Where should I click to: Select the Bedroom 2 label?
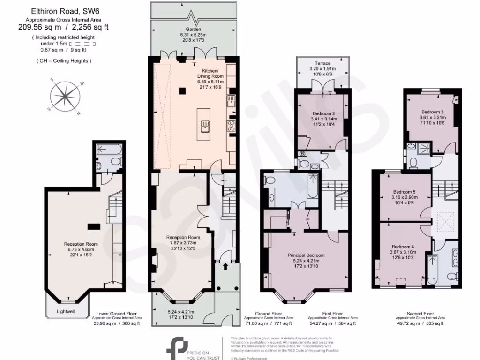pyautogui.click(x=323, y=113)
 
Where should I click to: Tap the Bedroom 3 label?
pyautogui.click(x=432, y=112)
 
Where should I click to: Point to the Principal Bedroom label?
pyautogui.click(x=306, y=255)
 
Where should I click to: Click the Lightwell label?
pyautogui.click(x=66, y=311)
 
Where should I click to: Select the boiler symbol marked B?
pyautogui.click(x=302, y=154)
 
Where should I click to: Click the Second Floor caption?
pyautogui.click(x=420, y=314)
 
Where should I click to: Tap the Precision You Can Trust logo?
pyautogui.click(x=187, y=347)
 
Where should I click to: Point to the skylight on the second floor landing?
pyautogui.click(x=443, y=221)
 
